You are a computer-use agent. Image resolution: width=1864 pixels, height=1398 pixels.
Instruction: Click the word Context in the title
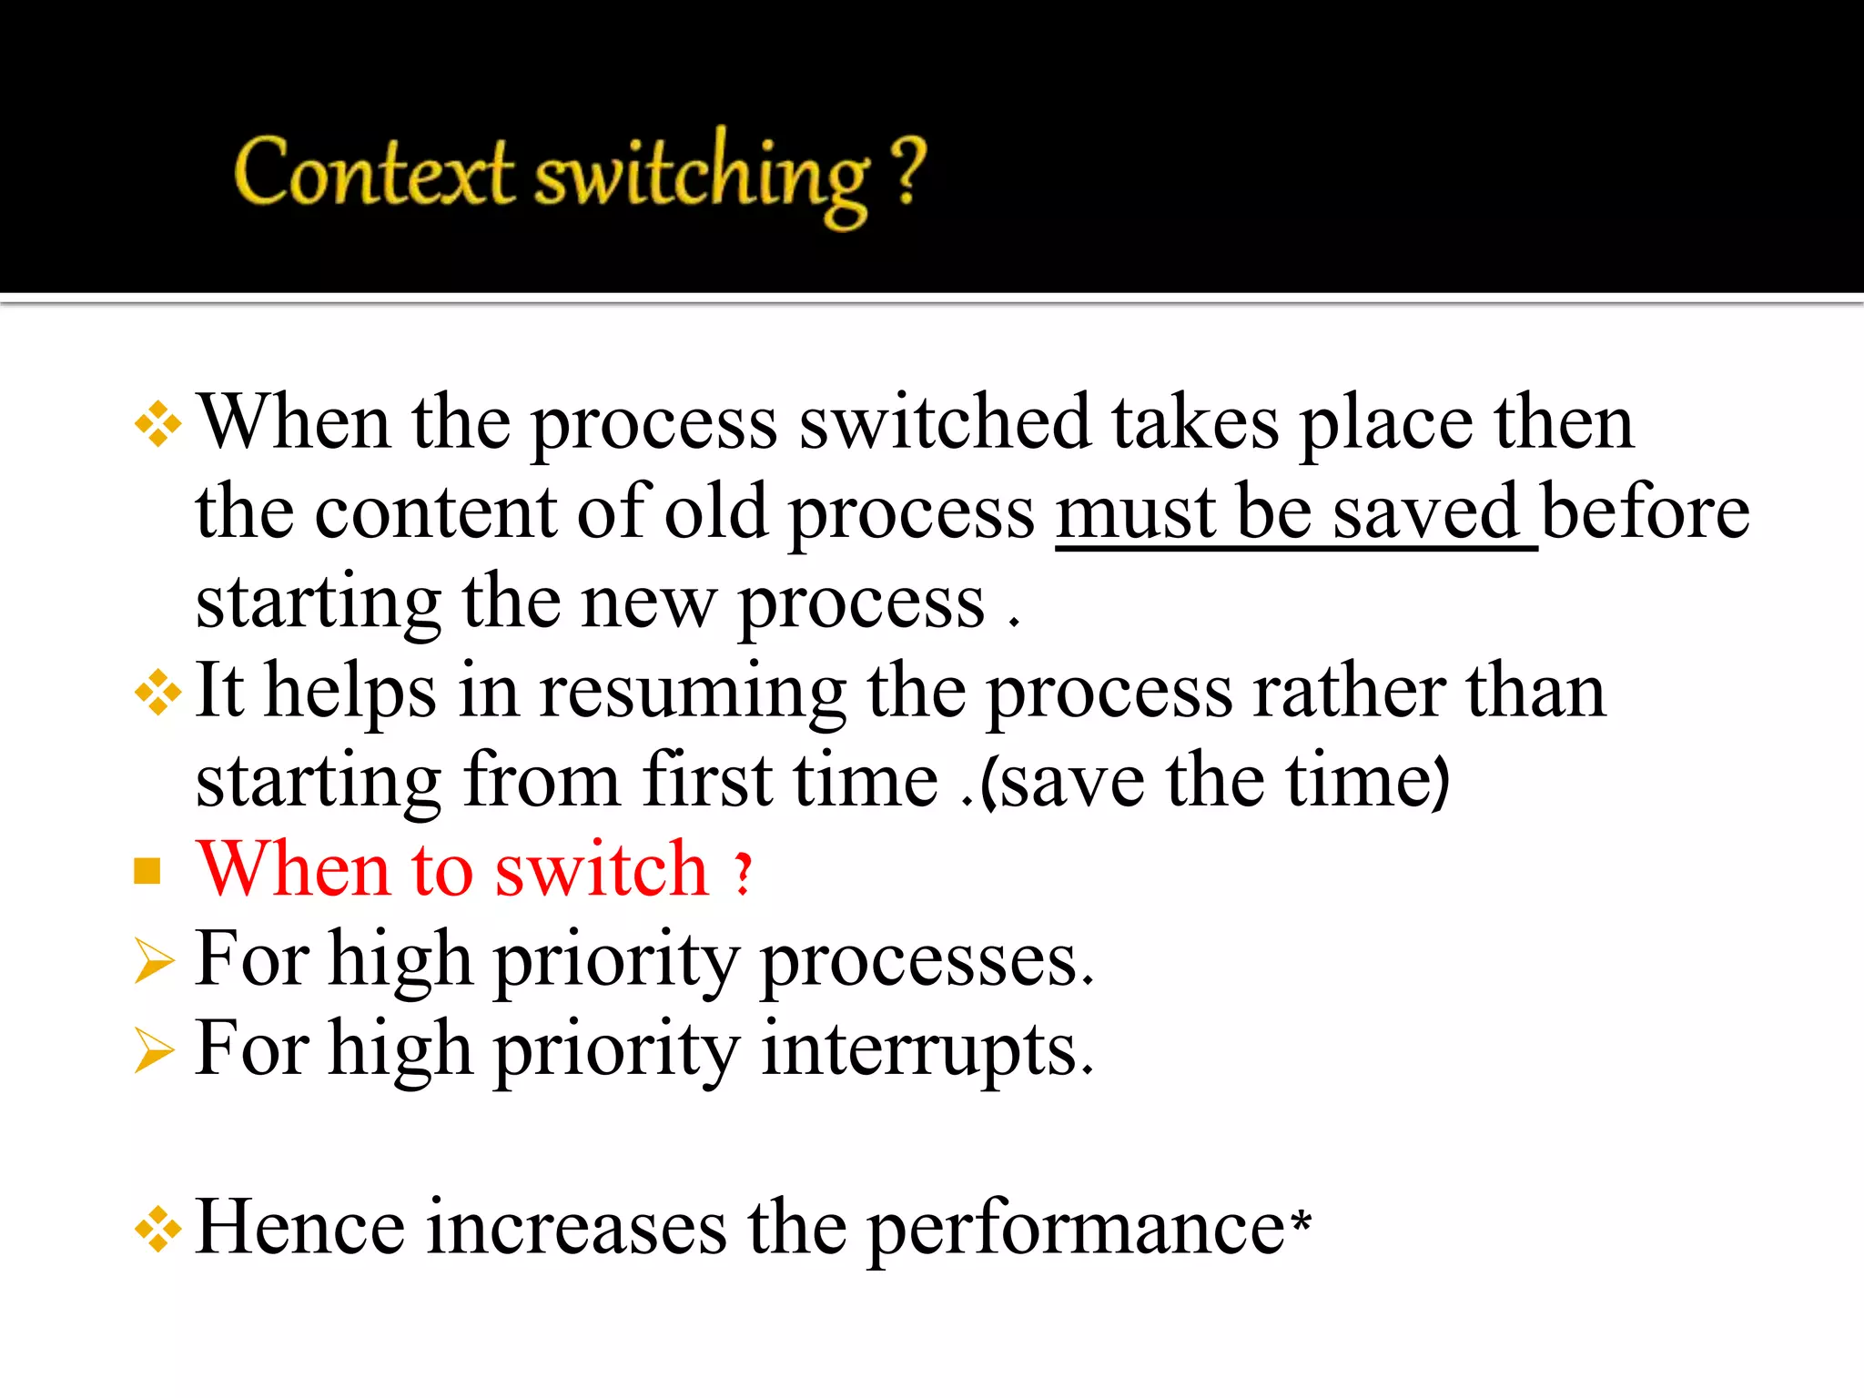click(x=373, y=172)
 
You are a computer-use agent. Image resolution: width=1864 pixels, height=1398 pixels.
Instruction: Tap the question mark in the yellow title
click(x=907, y=170)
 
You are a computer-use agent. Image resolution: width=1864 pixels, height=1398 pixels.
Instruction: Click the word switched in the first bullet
click(x=945, y=422)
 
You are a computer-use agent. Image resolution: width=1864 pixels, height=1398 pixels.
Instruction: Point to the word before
click(x=1646, y=512)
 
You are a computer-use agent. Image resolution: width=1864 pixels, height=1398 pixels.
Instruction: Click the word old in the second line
click(x=716, y=512)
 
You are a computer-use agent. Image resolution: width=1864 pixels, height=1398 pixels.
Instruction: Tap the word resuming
click(x=693, y=692)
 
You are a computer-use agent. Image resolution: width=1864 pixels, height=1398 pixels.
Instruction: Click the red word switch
click(x=602, y=869)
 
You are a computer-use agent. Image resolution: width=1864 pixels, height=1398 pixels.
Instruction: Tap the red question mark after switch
click(x=744, y=874)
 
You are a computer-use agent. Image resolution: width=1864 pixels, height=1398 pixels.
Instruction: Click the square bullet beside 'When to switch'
click(x=147, y=871)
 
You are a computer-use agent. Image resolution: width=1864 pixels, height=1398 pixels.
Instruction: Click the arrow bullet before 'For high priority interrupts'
click(x=152, y=1051)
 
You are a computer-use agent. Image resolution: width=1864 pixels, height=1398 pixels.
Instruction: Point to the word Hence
click(x=300, y=1228)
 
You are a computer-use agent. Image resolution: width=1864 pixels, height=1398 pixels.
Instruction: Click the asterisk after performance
click(x=1301, y=1218)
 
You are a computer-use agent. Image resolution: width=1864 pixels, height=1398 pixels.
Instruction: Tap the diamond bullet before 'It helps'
click(x=157, y=694)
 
